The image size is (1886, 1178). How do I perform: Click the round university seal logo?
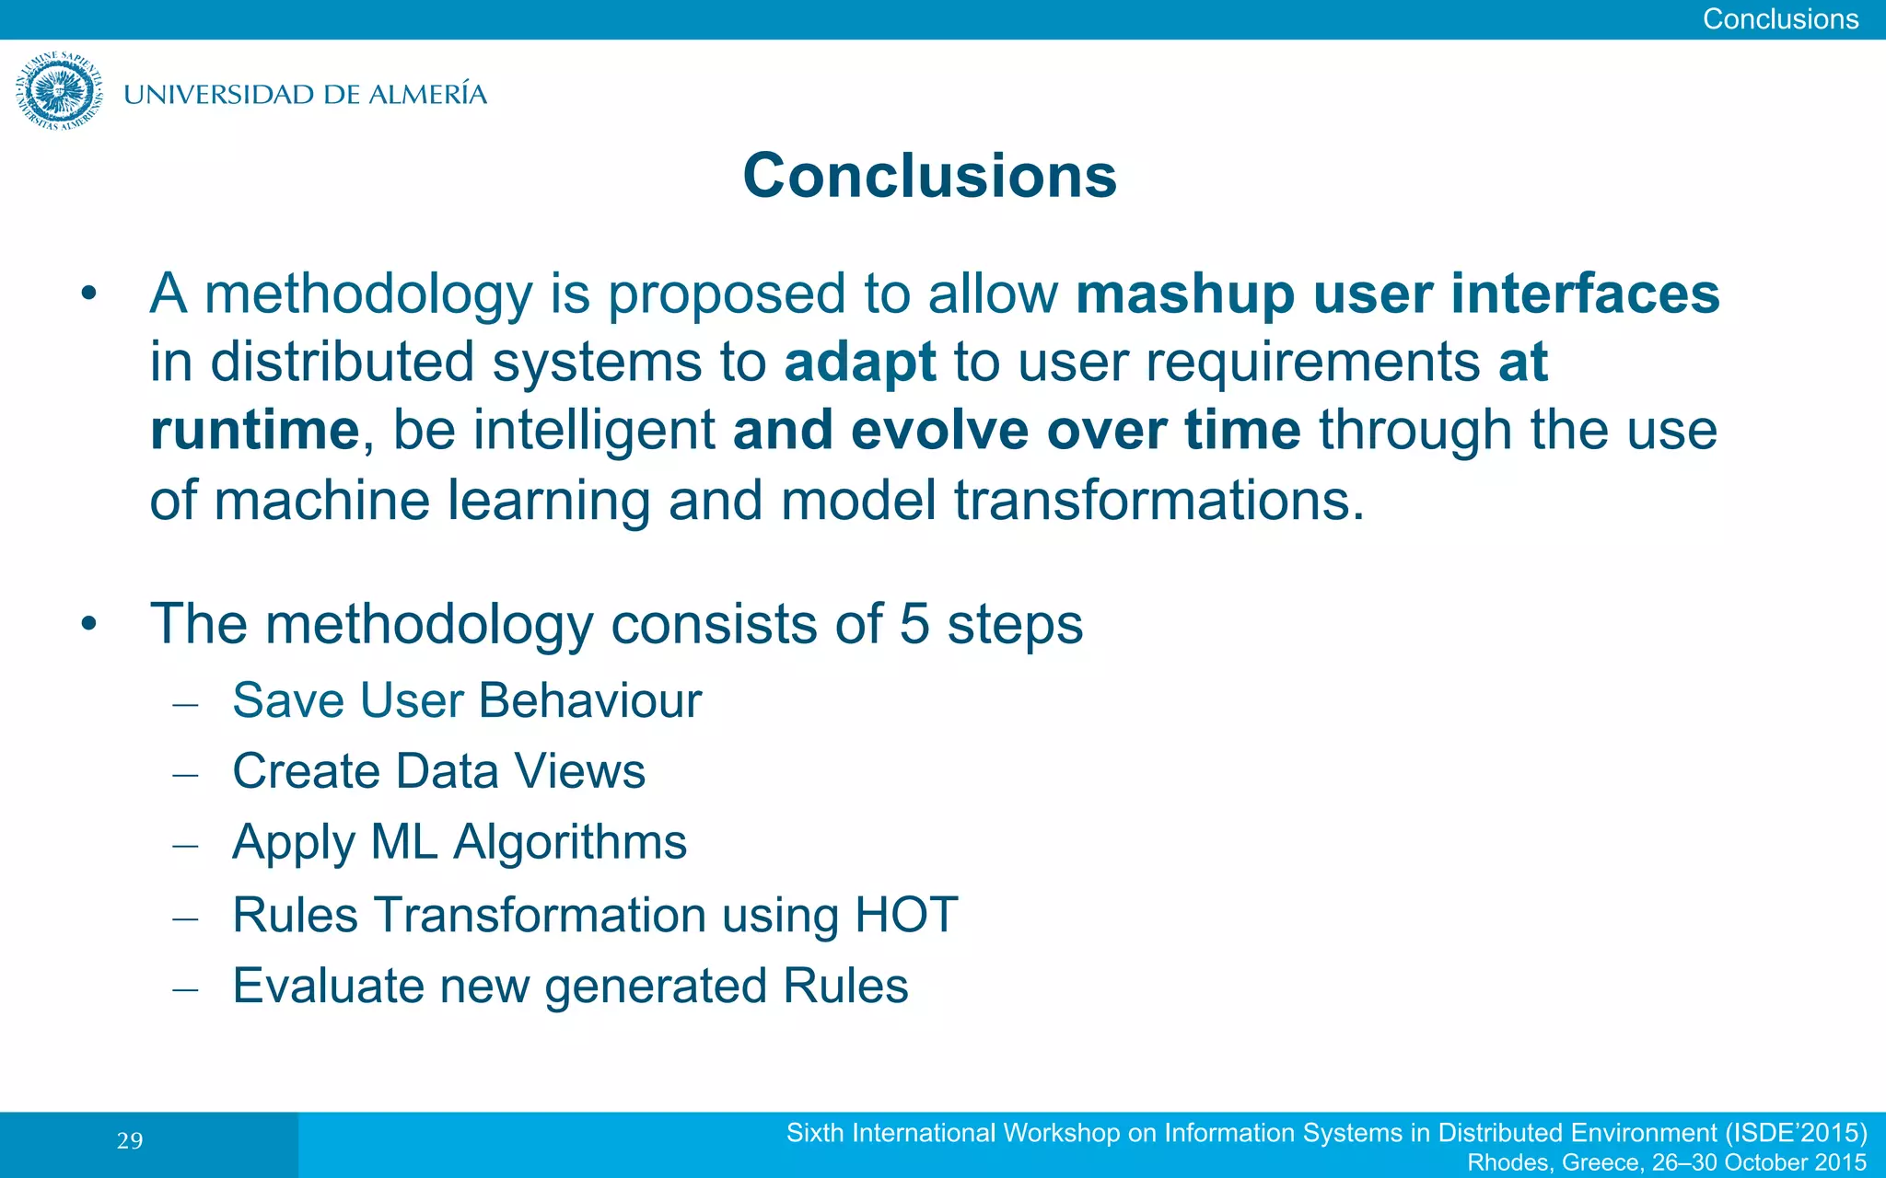point(59,91)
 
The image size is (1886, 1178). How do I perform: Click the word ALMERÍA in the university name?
point(427,94)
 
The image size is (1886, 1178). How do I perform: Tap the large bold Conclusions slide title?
point(929,175)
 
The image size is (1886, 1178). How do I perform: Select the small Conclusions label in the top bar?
point(1779,18)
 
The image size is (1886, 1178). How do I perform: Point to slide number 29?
point(130,1141)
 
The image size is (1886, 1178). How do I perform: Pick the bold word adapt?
point(859,362)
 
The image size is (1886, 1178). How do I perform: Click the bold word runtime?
point(254,430)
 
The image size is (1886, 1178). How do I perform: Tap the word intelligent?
point(595,430)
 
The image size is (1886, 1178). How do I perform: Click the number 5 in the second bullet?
point(914,624)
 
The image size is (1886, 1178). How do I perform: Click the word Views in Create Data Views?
point(579,771)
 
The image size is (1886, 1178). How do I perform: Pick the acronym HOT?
point(906,915)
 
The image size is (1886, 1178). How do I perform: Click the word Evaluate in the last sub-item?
point(328,986)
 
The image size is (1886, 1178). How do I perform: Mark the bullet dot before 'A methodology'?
point(88,294)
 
